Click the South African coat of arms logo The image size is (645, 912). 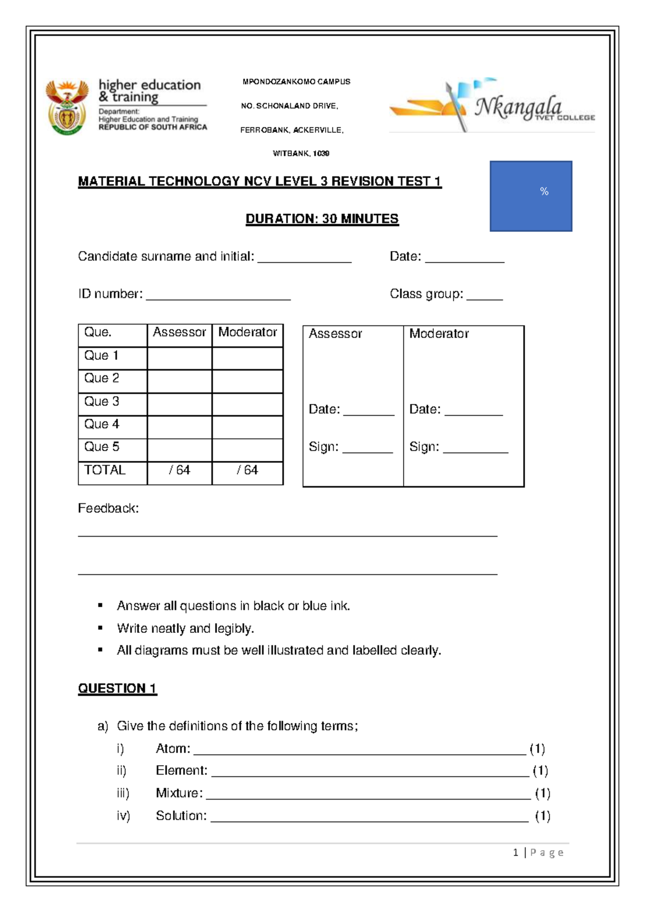[67, 108]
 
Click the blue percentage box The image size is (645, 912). [531, 196]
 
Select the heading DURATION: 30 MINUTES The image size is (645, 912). [322, 219]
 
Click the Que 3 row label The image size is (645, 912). [102, 402]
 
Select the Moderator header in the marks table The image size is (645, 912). [247, 332]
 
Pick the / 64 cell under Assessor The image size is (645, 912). [180, 471]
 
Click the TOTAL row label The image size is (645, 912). [105, 471]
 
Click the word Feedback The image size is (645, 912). [108, 509]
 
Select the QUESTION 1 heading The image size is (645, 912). [117, 689]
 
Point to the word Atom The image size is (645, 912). [172, 749]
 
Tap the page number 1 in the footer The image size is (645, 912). [515, 852]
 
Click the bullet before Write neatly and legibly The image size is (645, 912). [100, 628]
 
